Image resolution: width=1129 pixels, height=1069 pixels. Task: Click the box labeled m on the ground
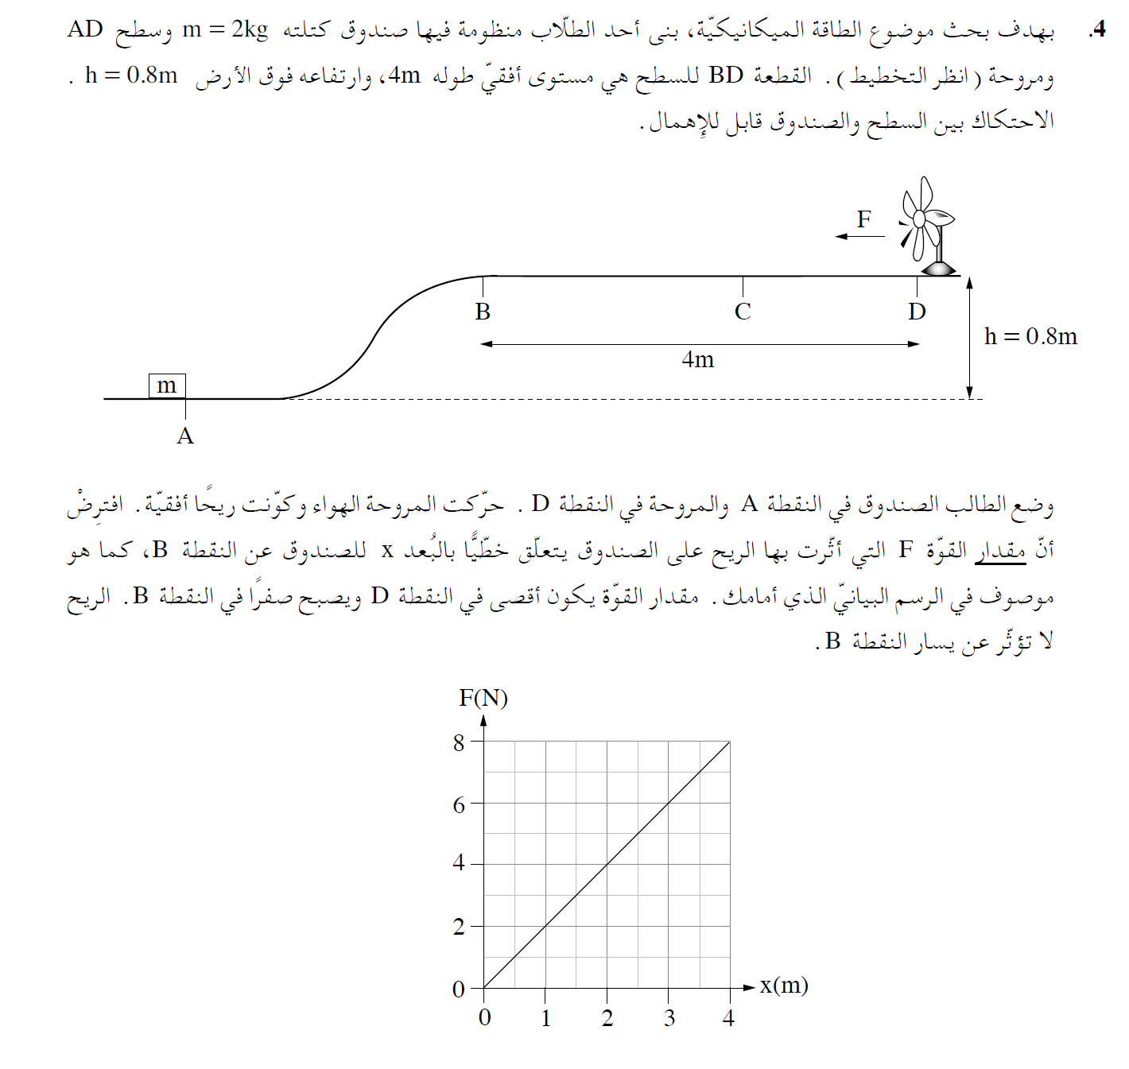point(167,385)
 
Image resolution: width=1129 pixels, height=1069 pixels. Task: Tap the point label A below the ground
point(185,436)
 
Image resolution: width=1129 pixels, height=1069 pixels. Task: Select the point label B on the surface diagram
point(483,312)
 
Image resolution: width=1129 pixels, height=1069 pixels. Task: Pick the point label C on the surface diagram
point(743,312)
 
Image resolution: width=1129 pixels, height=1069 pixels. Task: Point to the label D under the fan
point(917,312)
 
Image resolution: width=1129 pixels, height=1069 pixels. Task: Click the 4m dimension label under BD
point(698,360)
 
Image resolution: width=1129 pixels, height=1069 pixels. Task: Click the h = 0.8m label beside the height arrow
point(1030,337)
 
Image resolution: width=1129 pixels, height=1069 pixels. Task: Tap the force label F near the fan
point(864,219)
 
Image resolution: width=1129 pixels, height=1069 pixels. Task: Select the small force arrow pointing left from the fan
point(859,236)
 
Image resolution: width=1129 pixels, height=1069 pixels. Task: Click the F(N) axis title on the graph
point(483,698)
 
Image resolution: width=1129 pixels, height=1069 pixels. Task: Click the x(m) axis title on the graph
point(784,986)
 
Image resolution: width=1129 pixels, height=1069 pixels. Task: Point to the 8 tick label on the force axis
point(459,743)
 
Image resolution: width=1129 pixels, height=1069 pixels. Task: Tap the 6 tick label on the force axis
point(459,805)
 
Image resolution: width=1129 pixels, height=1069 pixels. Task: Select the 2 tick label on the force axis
point(459,927)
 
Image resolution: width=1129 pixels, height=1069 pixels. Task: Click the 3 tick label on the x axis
point(669,1018)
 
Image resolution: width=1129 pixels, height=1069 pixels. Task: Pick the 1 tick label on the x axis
point(546,1018)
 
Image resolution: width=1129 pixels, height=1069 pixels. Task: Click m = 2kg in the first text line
point(226,29)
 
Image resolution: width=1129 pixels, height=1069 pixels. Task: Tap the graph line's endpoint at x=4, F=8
point(730,742)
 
